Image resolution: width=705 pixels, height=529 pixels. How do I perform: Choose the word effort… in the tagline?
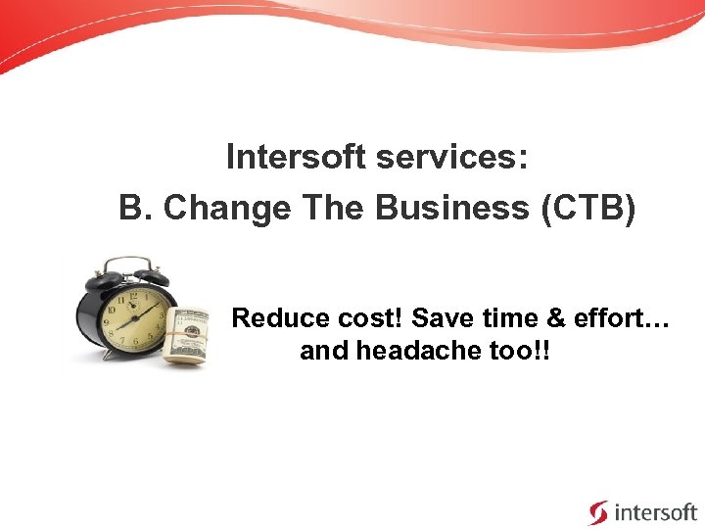pyautogui.click(x=628, y=318)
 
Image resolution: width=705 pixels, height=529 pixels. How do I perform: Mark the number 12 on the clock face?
pyautogui.click(x=132, y=294)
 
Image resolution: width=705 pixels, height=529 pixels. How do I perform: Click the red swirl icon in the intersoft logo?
pyautogui.click(x=597, y=511)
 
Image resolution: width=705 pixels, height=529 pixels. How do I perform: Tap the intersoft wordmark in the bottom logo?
pyautogui.click(x=655, y=511)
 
